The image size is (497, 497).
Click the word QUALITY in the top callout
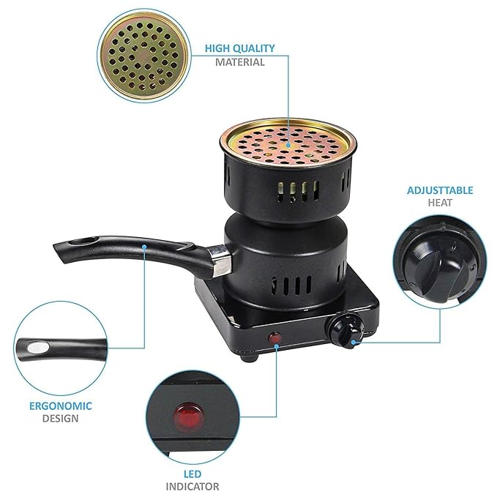(253, 48)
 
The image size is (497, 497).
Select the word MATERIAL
(239, 62)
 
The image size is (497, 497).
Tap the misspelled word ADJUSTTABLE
(440, 190)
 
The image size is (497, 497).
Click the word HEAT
(440, 203)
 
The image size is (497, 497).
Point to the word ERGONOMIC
(61, 406)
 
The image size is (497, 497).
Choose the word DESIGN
(61, 419)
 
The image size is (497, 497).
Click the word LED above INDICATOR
(193, 474)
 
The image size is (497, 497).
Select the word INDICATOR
(193, 487)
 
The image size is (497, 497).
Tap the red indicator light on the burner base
(274, 338)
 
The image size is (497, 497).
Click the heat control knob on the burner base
(345, 332)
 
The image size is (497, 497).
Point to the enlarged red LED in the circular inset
(189, 414)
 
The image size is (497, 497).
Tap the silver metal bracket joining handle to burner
(220, 260)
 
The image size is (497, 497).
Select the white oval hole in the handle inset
(38, 348)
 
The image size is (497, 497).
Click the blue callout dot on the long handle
(144, 246)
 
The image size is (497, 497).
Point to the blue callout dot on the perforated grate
(288, 145)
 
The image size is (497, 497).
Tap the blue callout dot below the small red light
(277, 347)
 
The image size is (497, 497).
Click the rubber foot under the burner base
(249, 358)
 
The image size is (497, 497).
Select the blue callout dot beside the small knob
(354, 342)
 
